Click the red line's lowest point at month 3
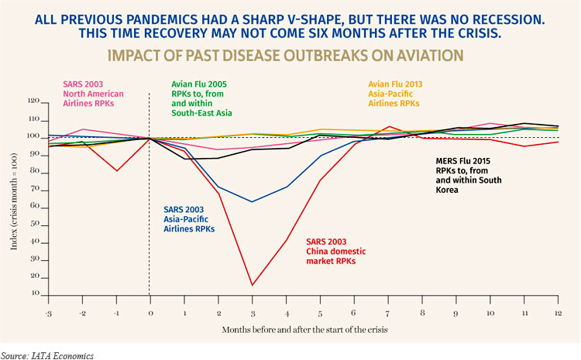252,285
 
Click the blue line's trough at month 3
252,201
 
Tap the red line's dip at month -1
115,170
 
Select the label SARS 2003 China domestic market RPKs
334,252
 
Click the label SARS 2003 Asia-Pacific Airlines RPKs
189,219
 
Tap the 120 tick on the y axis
33,101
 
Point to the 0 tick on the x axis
150,312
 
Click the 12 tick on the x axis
557,312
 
